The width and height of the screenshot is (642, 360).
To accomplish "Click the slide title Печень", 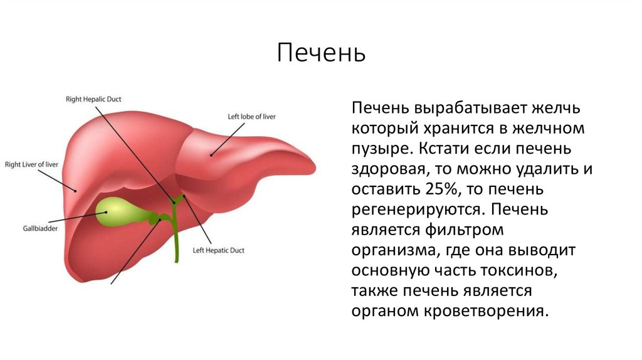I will click(321, 53).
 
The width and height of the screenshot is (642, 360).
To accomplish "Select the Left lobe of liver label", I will click(251, 116).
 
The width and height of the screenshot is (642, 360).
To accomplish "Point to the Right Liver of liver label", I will click(31, 165).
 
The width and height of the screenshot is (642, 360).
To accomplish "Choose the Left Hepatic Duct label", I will click(218, 250).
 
